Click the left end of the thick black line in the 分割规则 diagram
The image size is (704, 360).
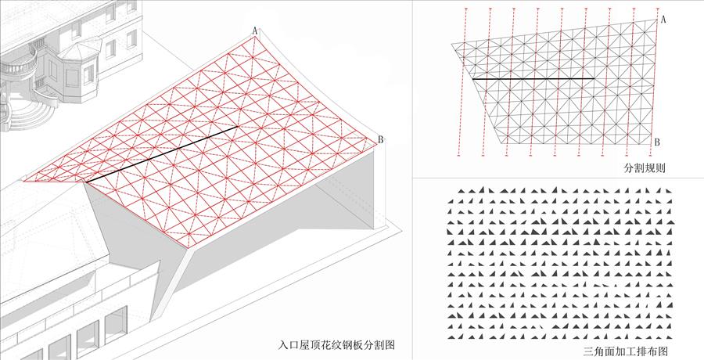[472, 79]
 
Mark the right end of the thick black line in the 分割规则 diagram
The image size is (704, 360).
[594, 78]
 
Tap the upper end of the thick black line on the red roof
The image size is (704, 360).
[238, 127]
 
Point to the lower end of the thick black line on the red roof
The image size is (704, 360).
[86, 182]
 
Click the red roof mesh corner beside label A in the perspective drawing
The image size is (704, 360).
[255, 38]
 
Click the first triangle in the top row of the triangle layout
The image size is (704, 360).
[462, 191]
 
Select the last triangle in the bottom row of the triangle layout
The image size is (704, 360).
[670, 337]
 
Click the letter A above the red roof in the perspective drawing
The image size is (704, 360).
[254, 31]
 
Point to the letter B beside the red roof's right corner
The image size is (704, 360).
[381, 140]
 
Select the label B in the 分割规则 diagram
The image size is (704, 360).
[657, 142]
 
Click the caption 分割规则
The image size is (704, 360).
[645, 168]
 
